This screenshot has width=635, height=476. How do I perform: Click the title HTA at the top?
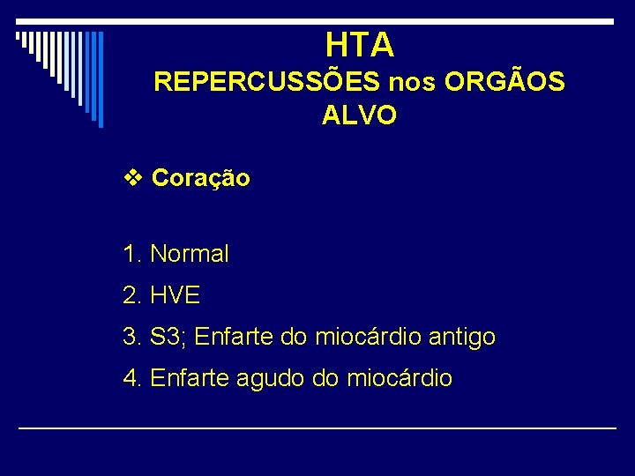click(359, 44)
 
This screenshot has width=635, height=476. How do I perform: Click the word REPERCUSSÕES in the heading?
click(267, 82)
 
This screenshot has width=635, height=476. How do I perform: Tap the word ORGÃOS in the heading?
click(504, 82)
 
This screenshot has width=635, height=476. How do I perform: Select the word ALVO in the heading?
click(359, 115)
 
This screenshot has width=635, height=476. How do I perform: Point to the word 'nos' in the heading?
click(412, 83)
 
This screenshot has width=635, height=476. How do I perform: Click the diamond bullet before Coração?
click(132, 178)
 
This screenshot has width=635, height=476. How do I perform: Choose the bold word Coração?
click(201, 178)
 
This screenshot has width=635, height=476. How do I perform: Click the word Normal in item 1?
click(190, 254)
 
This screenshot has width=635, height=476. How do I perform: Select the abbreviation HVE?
click(176, 295)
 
